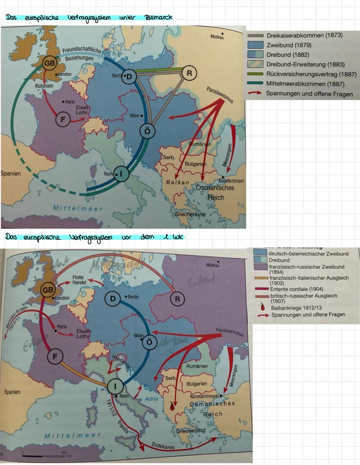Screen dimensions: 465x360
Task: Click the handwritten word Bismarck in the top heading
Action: pos(158,17)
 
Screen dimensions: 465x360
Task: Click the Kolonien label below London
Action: pos(44,86)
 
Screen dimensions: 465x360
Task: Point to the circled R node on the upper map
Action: pos(189,73)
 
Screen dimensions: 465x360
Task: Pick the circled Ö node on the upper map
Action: pos(147,131)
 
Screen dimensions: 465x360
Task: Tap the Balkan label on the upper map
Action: pos(177,182)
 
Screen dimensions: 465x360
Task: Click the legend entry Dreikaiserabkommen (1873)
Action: pos(304,35)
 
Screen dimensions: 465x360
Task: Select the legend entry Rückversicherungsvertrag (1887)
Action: pos(311,74)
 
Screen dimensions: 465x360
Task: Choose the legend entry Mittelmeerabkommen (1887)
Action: pos(305,84)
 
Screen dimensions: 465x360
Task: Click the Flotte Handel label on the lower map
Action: pos(79,280)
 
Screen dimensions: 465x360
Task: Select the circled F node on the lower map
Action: pos(55,356)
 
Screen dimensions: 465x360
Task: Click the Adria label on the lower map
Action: pos(151,399)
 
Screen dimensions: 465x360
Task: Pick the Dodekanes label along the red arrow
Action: pos(163,446)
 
